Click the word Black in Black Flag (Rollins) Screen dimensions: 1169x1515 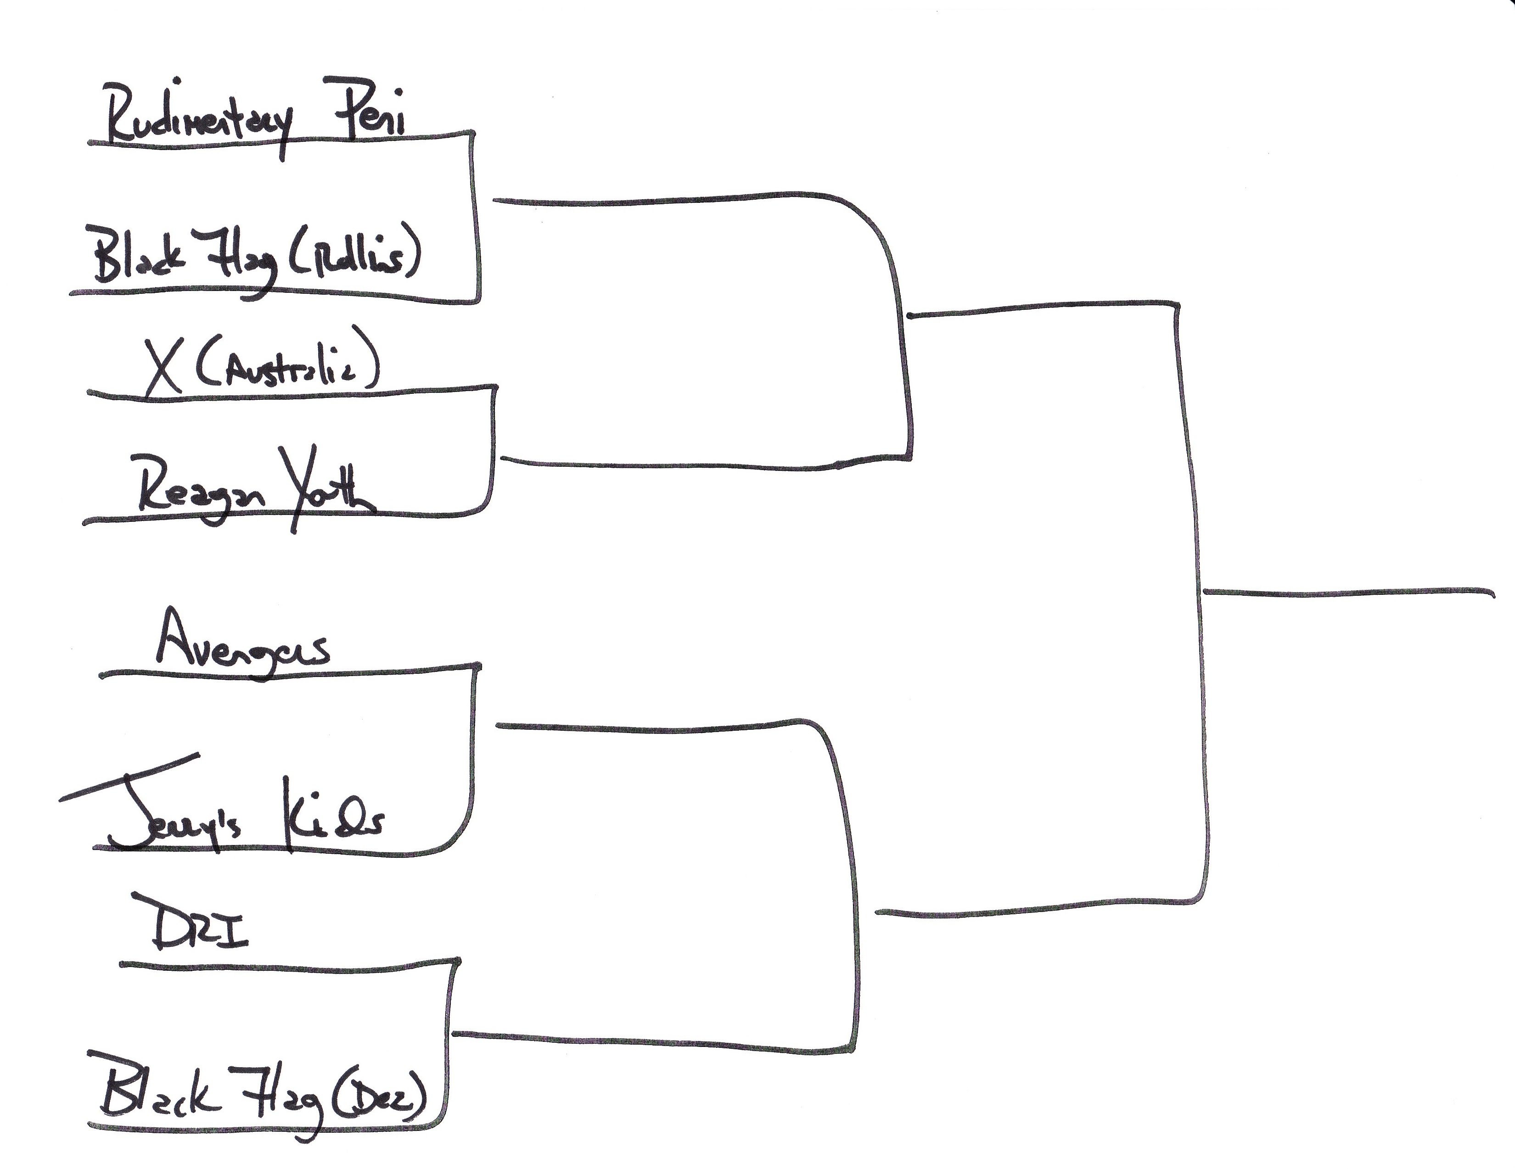(139, 257)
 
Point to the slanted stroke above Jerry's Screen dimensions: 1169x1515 (129, 777)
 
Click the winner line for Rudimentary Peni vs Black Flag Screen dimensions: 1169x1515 (659, 201)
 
